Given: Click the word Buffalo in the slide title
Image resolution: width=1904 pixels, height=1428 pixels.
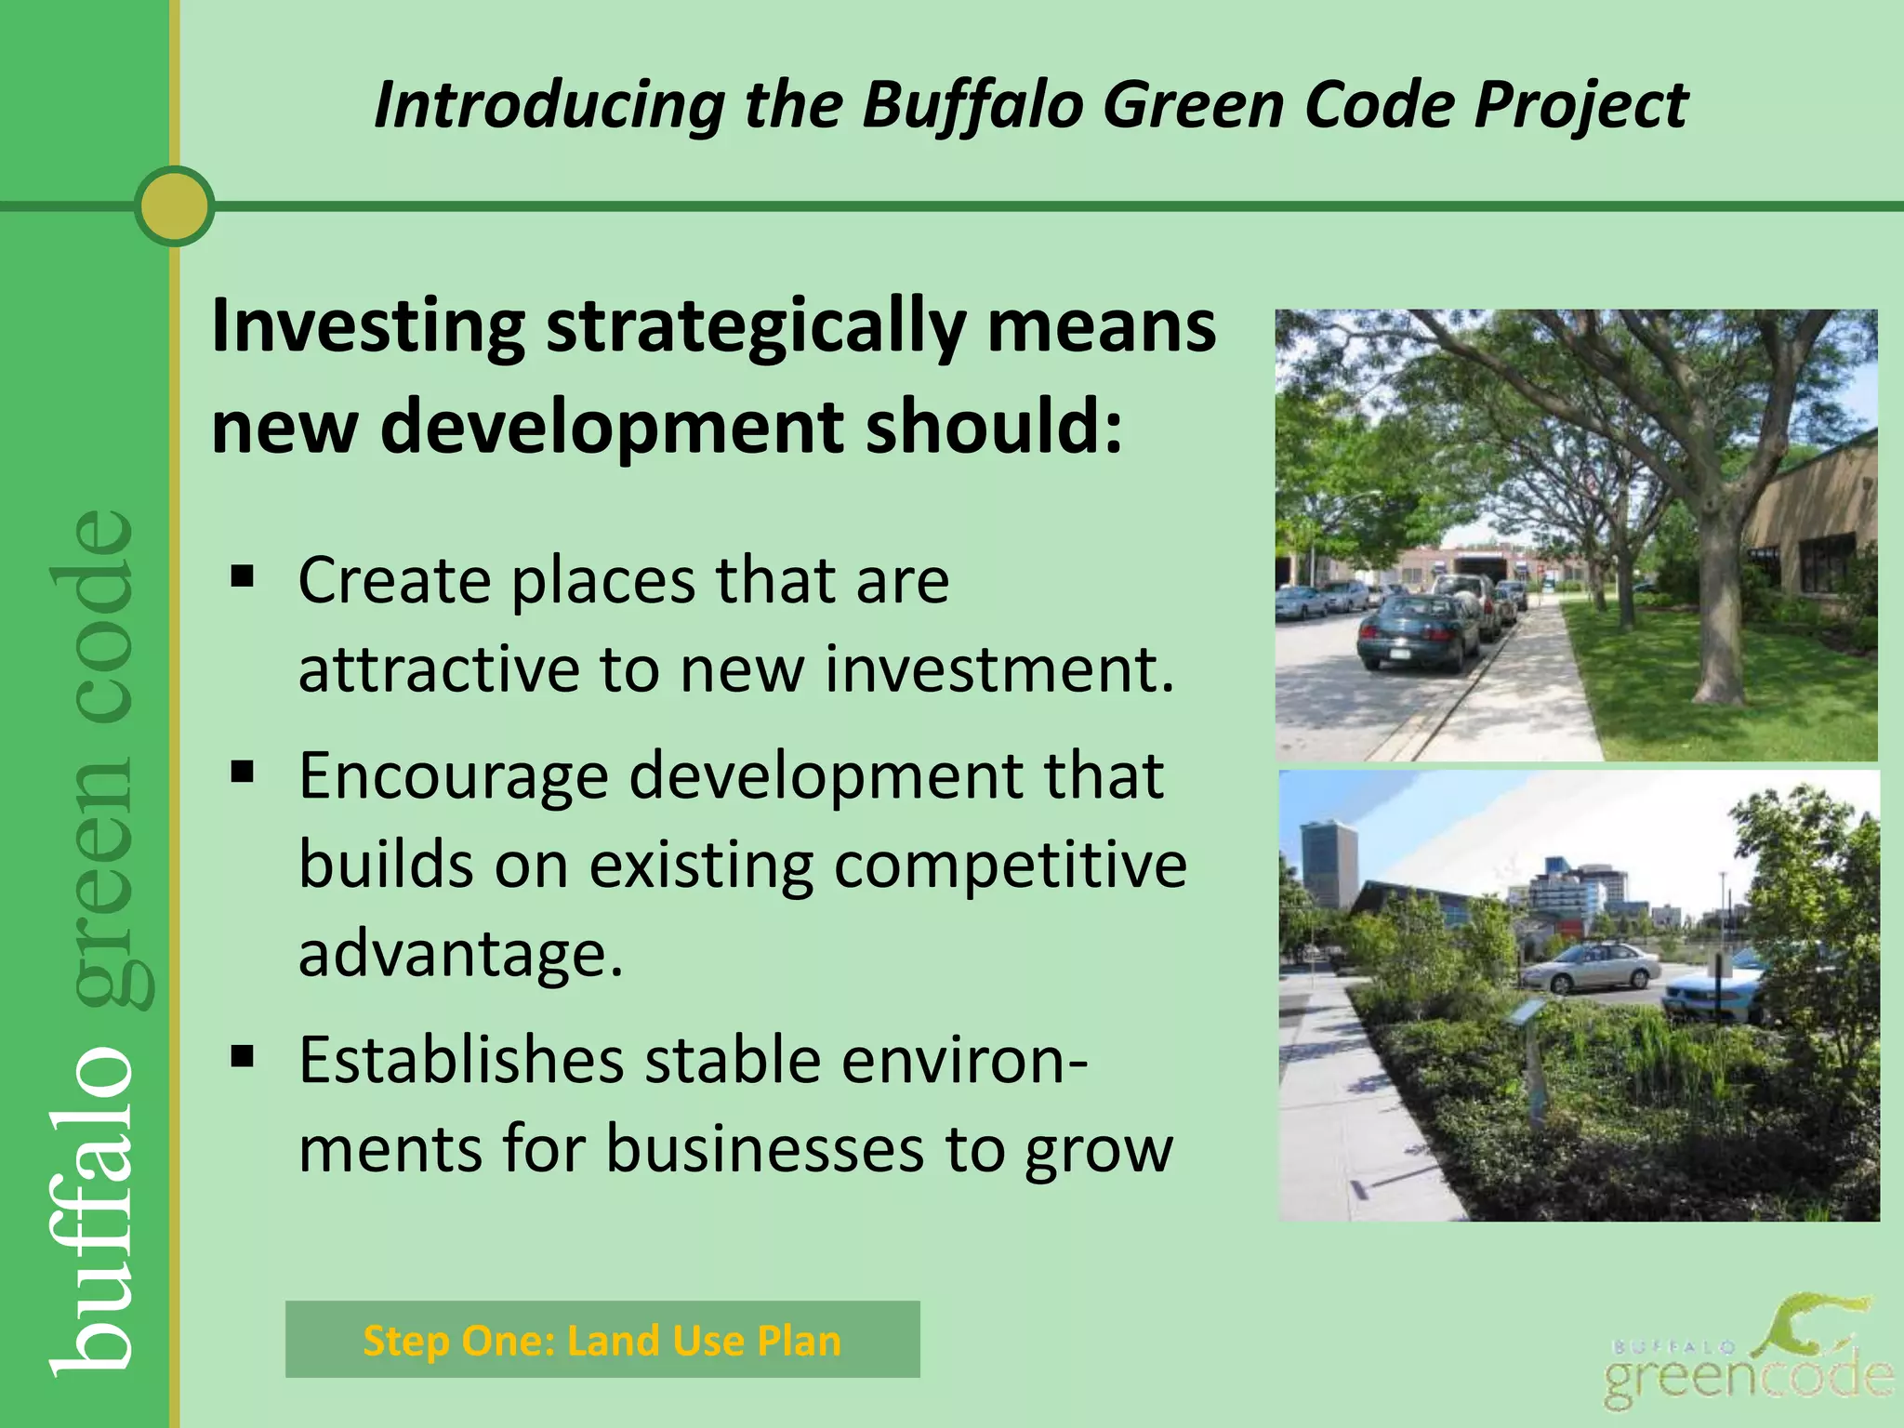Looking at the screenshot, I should click(x=972, y=104).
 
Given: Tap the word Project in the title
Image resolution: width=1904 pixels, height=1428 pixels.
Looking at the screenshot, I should click(x=1580, y=104).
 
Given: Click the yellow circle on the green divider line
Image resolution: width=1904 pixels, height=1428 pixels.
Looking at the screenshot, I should click(x=174, y=206).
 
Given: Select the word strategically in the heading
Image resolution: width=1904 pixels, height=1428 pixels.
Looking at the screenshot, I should click(x=755, y=327).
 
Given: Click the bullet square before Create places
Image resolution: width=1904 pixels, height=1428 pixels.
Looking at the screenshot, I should click(x=243, y=578).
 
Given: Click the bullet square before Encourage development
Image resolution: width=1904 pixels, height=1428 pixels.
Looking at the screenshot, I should click(x=243, y=772).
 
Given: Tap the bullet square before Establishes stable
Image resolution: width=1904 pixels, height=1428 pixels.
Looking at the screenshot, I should click(x=243, y=1057).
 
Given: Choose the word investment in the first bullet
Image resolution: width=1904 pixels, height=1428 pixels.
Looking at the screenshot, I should click(x=998, y=668).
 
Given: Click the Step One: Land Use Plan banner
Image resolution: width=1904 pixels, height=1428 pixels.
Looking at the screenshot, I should click(x=602, y=1340).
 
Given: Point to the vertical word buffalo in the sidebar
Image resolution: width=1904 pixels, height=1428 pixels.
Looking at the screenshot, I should click(x=93, y=1209).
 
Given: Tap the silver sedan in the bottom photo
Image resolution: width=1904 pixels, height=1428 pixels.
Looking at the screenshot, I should click(x=1591, y=966).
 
